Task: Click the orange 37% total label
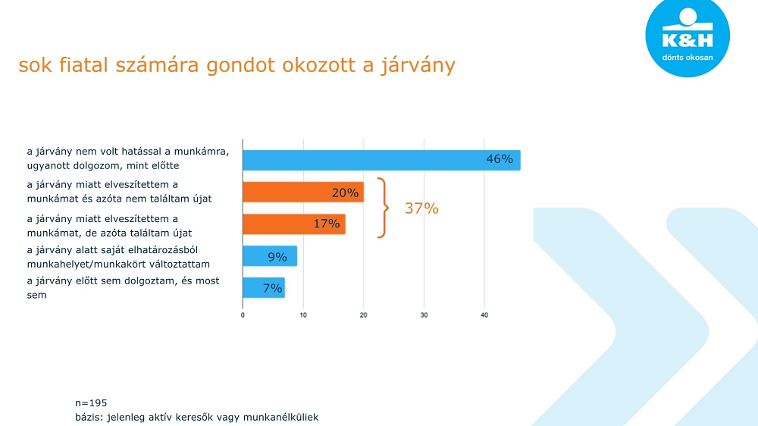421,208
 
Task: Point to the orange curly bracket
386,208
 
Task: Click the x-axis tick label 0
243,315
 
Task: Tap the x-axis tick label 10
303,315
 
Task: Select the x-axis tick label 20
364,315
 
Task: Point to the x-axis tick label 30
424,315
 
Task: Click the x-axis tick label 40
484,315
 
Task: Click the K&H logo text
687,40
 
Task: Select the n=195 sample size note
92,403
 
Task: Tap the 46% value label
500,159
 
